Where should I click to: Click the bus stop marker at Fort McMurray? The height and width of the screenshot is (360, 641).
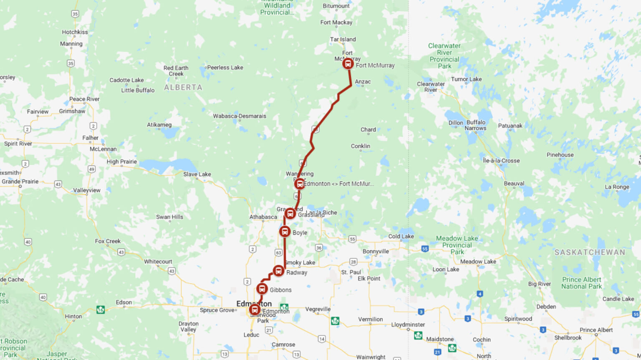pos(348,64)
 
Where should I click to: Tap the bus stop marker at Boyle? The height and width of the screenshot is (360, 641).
pos(285,232)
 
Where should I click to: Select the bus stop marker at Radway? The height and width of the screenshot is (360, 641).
pos(278,271)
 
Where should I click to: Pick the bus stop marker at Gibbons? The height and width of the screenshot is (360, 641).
pos(262,289)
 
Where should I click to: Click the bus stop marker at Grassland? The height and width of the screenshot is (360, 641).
pos(290,214)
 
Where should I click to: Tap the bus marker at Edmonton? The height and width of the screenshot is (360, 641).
pos(255,310)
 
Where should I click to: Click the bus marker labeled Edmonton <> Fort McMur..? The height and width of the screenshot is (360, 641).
pos(299,184)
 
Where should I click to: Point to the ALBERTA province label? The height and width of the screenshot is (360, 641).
pos(183,88)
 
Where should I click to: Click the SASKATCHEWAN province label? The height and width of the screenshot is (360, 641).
pos(589,252)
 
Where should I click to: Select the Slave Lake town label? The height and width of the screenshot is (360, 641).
pos(197,174)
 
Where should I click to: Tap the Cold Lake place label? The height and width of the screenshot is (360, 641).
pos(401,237)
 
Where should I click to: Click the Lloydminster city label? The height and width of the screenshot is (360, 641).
pos(408,325)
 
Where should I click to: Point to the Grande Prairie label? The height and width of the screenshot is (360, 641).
pos(20,181)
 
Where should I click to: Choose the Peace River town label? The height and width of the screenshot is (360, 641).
pos(84,99)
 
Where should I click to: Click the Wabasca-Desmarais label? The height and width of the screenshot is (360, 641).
pos(240,116)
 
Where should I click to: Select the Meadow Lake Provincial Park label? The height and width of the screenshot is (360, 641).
pos(457,245)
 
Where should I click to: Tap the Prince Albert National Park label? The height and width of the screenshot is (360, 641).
pos(581,283)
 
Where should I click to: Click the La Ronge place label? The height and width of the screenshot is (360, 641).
pos(617,187)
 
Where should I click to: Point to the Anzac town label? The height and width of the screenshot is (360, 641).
pos(363,82)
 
